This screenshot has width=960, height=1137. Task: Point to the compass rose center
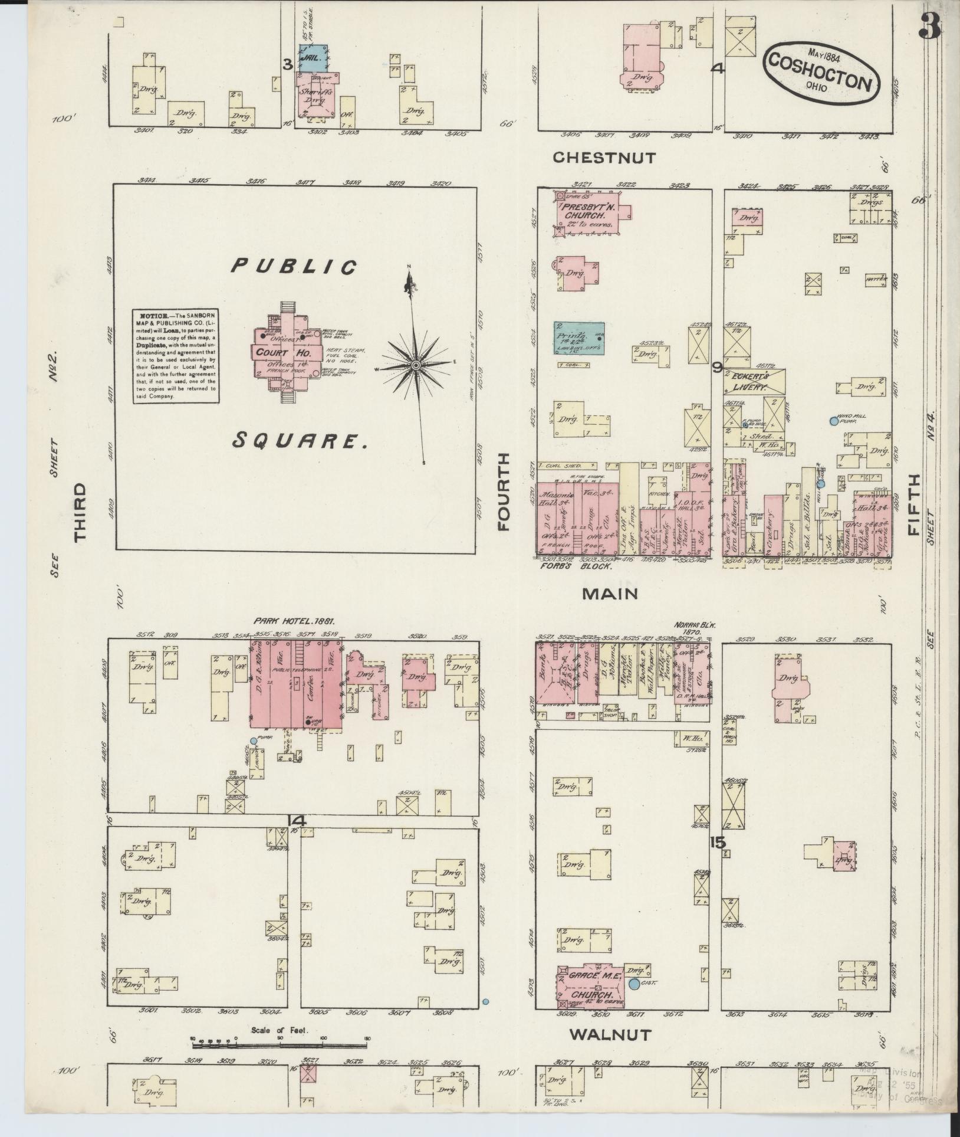click(x=416, y=366)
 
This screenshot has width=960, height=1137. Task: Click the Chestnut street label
click(x=604, y=158)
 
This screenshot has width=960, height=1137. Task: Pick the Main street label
click(x=610, y=594)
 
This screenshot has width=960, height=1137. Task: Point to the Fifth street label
click(x=915, y=505)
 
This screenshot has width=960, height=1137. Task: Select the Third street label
click(x=80, y=512)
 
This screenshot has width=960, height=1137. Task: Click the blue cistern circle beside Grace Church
click(x=634, y=984)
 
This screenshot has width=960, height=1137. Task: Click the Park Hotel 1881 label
click(x=294, y=621)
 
